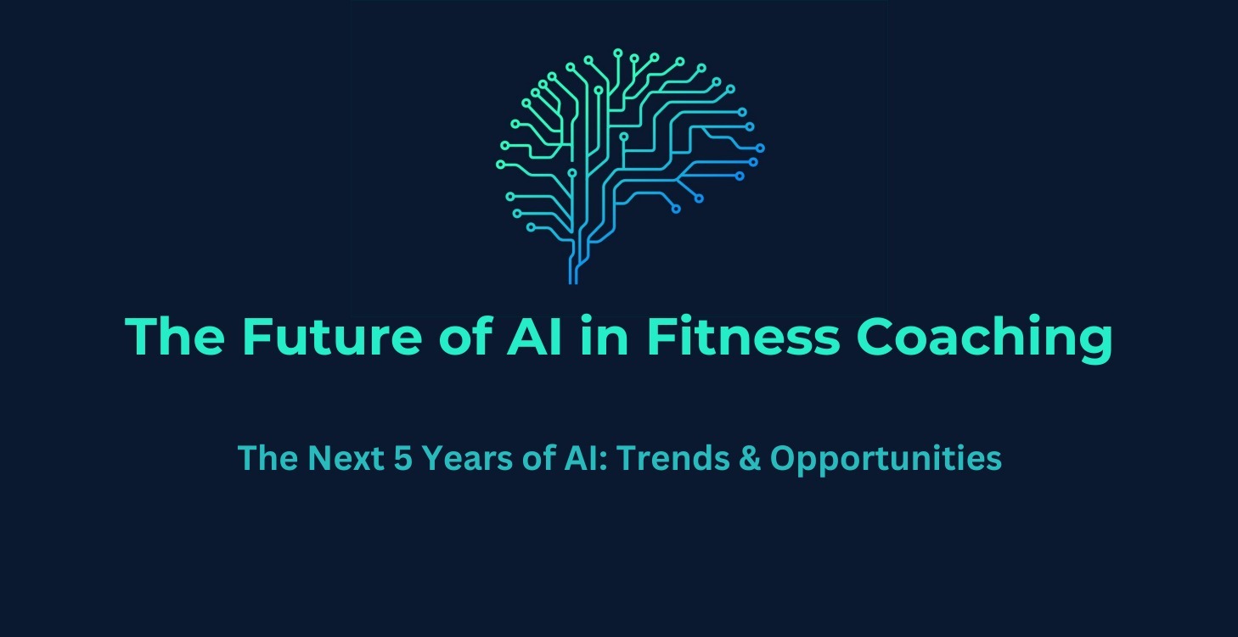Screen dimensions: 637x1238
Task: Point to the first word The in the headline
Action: point(174,337)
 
